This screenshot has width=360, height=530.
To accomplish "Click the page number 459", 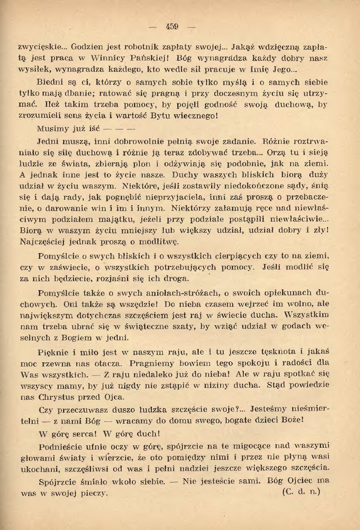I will (x=172, y=27).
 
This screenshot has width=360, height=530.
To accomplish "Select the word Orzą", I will (x=277, y=152).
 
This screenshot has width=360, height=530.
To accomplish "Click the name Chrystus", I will (x=59, y=397).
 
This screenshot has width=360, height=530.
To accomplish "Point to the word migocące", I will (x=259, y=446).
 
